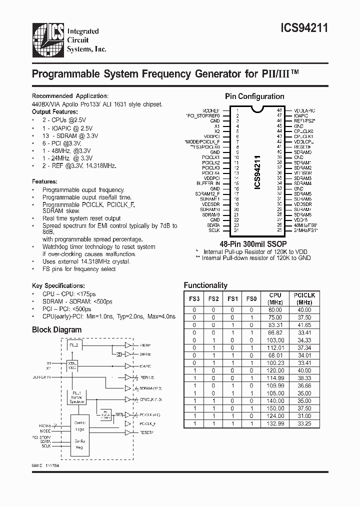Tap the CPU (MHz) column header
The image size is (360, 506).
click(x=275, y=299)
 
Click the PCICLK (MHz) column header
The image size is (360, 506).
click(x=304, y=299)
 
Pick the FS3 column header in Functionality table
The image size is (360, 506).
click(x=194, y=299)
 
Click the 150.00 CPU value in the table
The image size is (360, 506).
click(x=275, y=408)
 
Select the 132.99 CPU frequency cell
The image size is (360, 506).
click(x=275, y=423)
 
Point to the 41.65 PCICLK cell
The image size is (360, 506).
click(x=304, y=324)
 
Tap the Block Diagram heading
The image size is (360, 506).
click(x=56, y=329)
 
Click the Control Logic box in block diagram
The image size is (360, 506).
click(x=80, y=425)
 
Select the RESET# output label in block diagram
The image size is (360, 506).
click(x=146, y=431)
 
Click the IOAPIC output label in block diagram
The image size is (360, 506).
click(x=146, y=366)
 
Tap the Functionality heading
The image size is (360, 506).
click(x=205, y=285)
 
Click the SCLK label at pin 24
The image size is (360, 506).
click(x=214, y=230)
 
